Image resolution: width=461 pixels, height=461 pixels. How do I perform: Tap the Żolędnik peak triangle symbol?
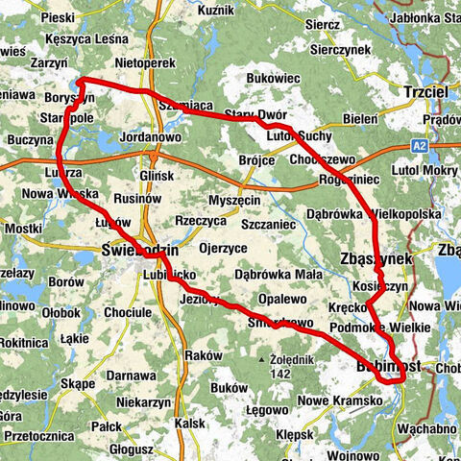[x=263, y=360]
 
